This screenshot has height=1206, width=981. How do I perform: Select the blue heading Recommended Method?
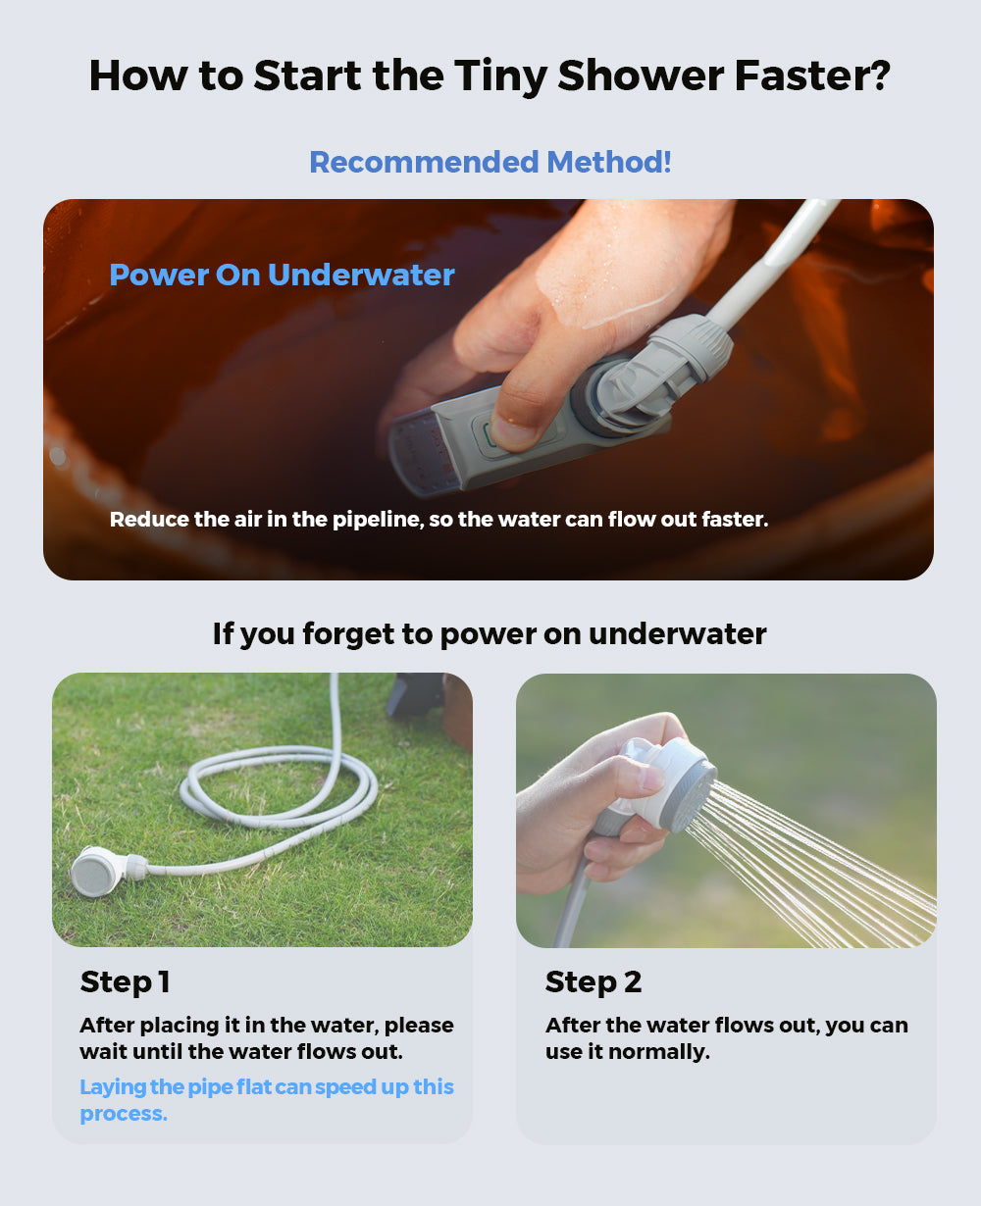pyautogui.click(x=490, y=162)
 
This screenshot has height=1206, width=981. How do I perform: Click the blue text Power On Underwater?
pyautogui.click(x=283, y=276)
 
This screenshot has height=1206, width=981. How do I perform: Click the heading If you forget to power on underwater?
pyautogui.click(x=490, y=633)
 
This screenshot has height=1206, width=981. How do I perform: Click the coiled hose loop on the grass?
pyautogui.click(x=278, y=787)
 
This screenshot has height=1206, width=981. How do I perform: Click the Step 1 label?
pyautogui.click(x=126, y=981)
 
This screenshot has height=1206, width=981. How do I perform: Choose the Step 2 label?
pyautogui.click(x=594, y=981)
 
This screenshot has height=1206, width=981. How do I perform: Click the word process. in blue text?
pyautogui.click(x=124, y=1114)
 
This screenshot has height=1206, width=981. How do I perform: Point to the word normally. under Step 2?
pyautogui.click(x=658, y=1052)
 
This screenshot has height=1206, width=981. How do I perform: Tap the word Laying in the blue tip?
pyautogui.click(x=113, y=1087)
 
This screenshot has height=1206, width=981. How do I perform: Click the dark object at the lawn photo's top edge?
pyautogui.click(x=415, y=693)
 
